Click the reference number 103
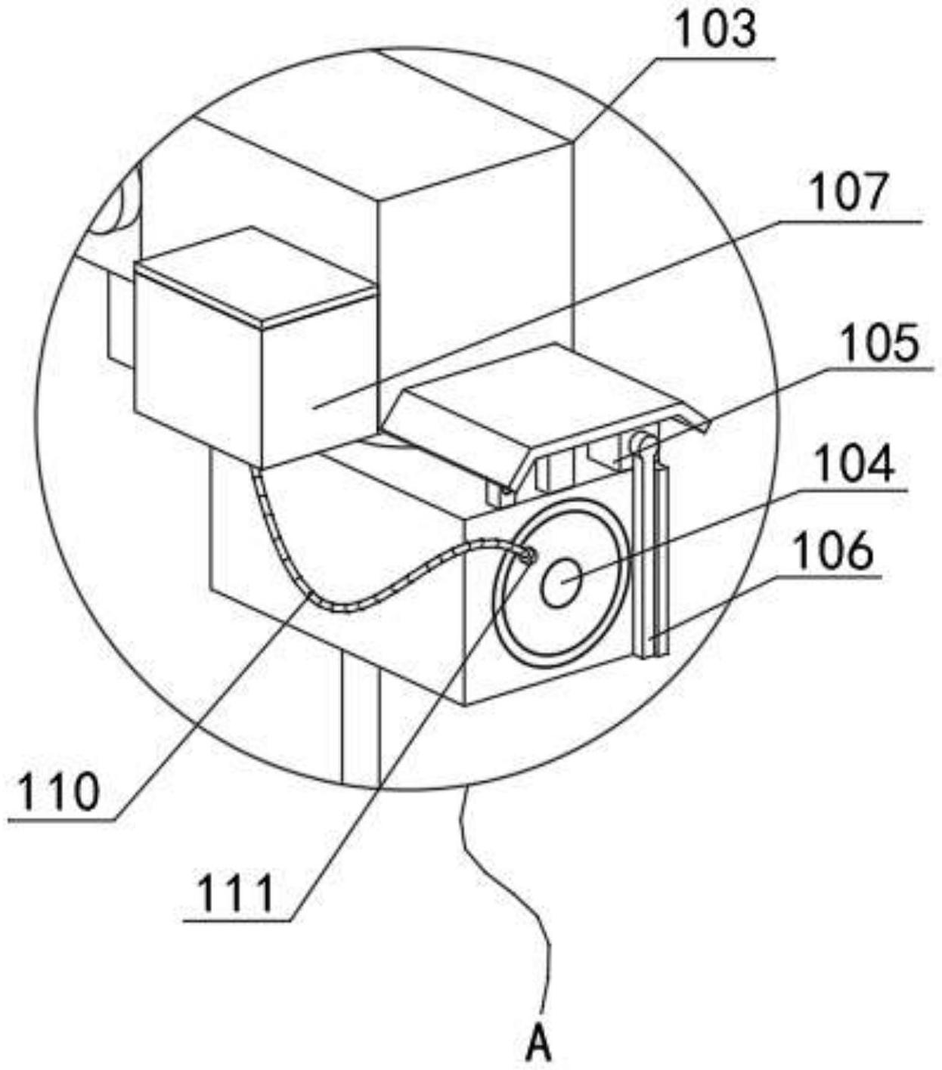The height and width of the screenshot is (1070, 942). click(x=714, y=30)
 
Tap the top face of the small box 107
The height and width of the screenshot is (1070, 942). click(x=253, y=276)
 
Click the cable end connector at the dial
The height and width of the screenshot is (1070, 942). click(x=527, y=556)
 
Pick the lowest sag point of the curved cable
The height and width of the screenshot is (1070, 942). click(x=340, y=607)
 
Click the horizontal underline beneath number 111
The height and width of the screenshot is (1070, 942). click(x=237, y=920)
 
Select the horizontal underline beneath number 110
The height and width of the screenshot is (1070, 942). click(x=60, y=819)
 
